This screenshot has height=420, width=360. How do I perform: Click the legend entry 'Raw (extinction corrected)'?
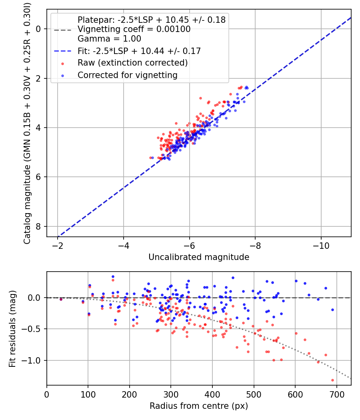click(132, 63)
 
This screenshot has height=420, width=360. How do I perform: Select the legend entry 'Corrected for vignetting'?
click(127, 75)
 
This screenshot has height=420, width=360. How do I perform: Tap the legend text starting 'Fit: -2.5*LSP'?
click(139, 51)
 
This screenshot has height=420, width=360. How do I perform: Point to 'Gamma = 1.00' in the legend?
click(109, 39)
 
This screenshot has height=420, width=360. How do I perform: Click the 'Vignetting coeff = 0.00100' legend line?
click(134, 29)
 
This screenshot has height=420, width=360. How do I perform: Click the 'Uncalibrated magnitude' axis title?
click(199, 257)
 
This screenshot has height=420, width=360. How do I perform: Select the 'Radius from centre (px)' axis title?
click(199, 406)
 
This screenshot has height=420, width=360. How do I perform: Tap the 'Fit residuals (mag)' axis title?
click(12, 328)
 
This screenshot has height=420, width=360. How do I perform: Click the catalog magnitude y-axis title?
click(27, 124)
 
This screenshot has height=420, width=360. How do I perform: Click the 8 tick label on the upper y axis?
click(39, 226)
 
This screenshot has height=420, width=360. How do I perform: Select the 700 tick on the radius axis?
click(336, 394)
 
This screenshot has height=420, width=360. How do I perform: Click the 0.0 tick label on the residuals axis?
click(35, 298)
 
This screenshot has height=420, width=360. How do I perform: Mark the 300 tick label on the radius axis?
click(171, 394)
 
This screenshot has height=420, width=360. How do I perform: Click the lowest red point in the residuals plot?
click(332, 380)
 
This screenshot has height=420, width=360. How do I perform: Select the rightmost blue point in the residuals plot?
click(332, 310)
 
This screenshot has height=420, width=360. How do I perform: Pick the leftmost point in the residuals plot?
click(61, 299)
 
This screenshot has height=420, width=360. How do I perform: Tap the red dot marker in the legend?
click(62, 63)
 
